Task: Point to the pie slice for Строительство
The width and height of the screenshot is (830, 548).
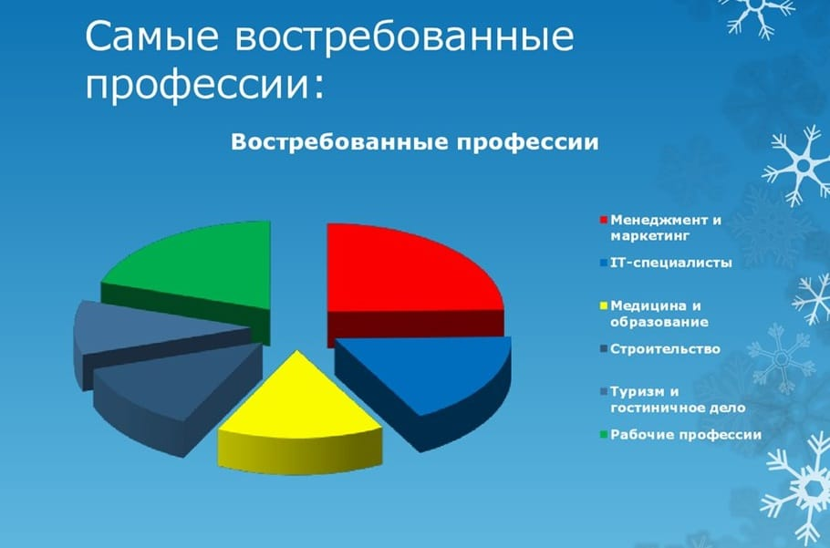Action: [169, 383]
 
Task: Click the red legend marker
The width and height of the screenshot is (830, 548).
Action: [603, 221]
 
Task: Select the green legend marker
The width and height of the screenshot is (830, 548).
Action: [603, 435]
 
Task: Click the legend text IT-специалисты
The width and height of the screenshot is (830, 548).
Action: [671, 264]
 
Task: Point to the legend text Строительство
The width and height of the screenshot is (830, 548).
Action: [665, 349]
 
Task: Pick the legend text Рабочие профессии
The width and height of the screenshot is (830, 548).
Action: [685, 435]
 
